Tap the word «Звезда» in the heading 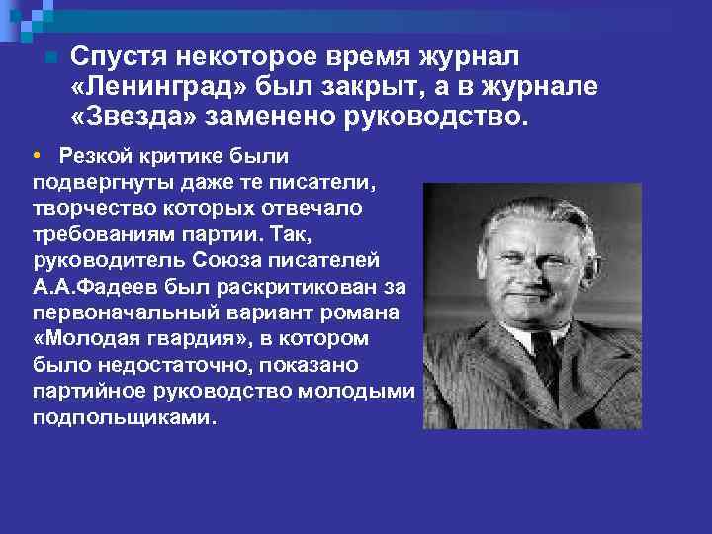click(135, 118)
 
